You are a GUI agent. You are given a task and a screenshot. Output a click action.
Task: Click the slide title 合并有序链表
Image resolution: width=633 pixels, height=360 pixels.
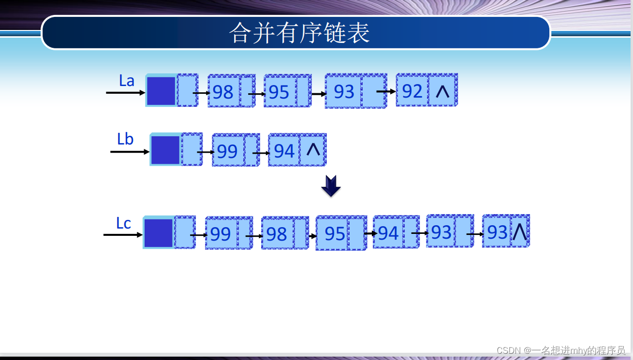coord(299,33)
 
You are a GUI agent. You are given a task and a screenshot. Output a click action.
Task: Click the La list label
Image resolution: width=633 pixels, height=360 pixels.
coord(127,81)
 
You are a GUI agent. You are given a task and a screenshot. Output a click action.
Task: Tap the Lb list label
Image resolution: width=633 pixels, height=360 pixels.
coord(125,139)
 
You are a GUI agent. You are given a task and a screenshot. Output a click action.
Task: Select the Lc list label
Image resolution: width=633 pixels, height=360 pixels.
coord(124,223)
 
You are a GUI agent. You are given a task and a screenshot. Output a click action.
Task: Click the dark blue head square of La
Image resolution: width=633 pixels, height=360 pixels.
coord(161,91)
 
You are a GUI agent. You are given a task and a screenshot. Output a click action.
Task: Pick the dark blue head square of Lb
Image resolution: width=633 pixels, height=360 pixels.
coord(165,150)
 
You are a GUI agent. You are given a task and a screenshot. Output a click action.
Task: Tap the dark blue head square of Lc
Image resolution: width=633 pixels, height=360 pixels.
coord(158,233)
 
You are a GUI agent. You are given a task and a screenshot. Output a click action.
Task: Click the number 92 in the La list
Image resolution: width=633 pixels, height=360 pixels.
coord(412,91)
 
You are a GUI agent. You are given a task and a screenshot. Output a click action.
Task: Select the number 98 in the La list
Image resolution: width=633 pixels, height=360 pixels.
coord(223,92)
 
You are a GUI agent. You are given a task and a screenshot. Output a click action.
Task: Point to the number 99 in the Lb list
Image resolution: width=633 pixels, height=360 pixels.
coord(227,151)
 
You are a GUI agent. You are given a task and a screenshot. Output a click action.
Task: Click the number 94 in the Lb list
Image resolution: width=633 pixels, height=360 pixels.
coord(284,151)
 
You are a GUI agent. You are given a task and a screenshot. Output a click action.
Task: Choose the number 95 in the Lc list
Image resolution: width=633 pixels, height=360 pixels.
coord(335,234)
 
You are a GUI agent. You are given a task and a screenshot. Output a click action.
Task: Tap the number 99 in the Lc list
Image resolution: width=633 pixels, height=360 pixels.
coord(221,234)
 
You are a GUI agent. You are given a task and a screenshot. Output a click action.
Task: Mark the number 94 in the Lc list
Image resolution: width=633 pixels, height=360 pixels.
coord(388,233)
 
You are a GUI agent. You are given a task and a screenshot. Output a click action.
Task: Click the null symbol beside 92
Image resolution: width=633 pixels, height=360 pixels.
coord(442,90)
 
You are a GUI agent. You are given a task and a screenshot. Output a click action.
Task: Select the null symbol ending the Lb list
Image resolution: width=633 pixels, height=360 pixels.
coord(313,150)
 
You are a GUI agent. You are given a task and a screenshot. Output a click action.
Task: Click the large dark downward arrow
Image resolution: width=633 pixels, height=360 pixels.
coord(331,186)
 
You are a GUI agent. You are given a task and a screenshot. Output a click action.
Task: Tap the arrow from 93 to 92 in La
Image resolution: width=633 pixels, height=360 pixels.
coord(386,91)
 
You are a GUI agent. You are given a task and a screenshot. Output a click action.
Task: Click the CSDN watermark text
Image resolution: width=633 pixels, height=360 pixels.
coord(561,350)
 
